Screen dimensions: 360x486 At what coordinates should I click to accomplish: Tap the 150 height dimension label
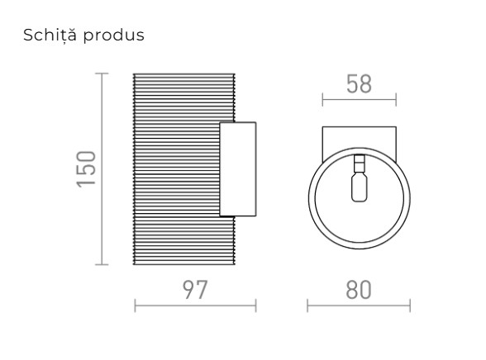(x=87, y=168)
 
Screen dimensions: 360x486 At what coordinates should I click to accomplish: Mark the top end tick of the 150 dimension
(x=102, y=73)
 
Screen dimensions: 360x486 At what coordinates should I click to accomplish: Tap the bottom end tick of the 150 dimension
(x=102, y=264)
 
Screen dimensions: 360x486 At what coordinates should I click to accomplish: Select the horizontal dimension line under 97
(x=195, y=306)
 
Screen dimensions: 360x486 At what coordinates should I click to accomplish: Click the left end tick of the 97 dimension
(x=134, y=306)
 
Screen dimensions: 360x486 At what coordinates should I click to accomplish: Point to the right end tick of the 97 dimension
(x=256, y=306)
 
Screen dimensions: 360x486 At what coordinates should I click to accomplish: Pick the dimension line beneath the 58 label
(x=358, y=102)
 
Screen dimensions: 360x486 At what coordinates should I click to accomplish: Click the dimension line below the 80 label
(x=358, y=306)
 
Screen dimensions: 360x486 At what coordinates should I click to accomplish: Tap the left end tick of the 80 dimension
(x=307, y=306)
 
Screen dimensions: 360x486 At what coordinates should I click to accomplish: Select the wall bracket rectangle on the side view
(x=238, y=169)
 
